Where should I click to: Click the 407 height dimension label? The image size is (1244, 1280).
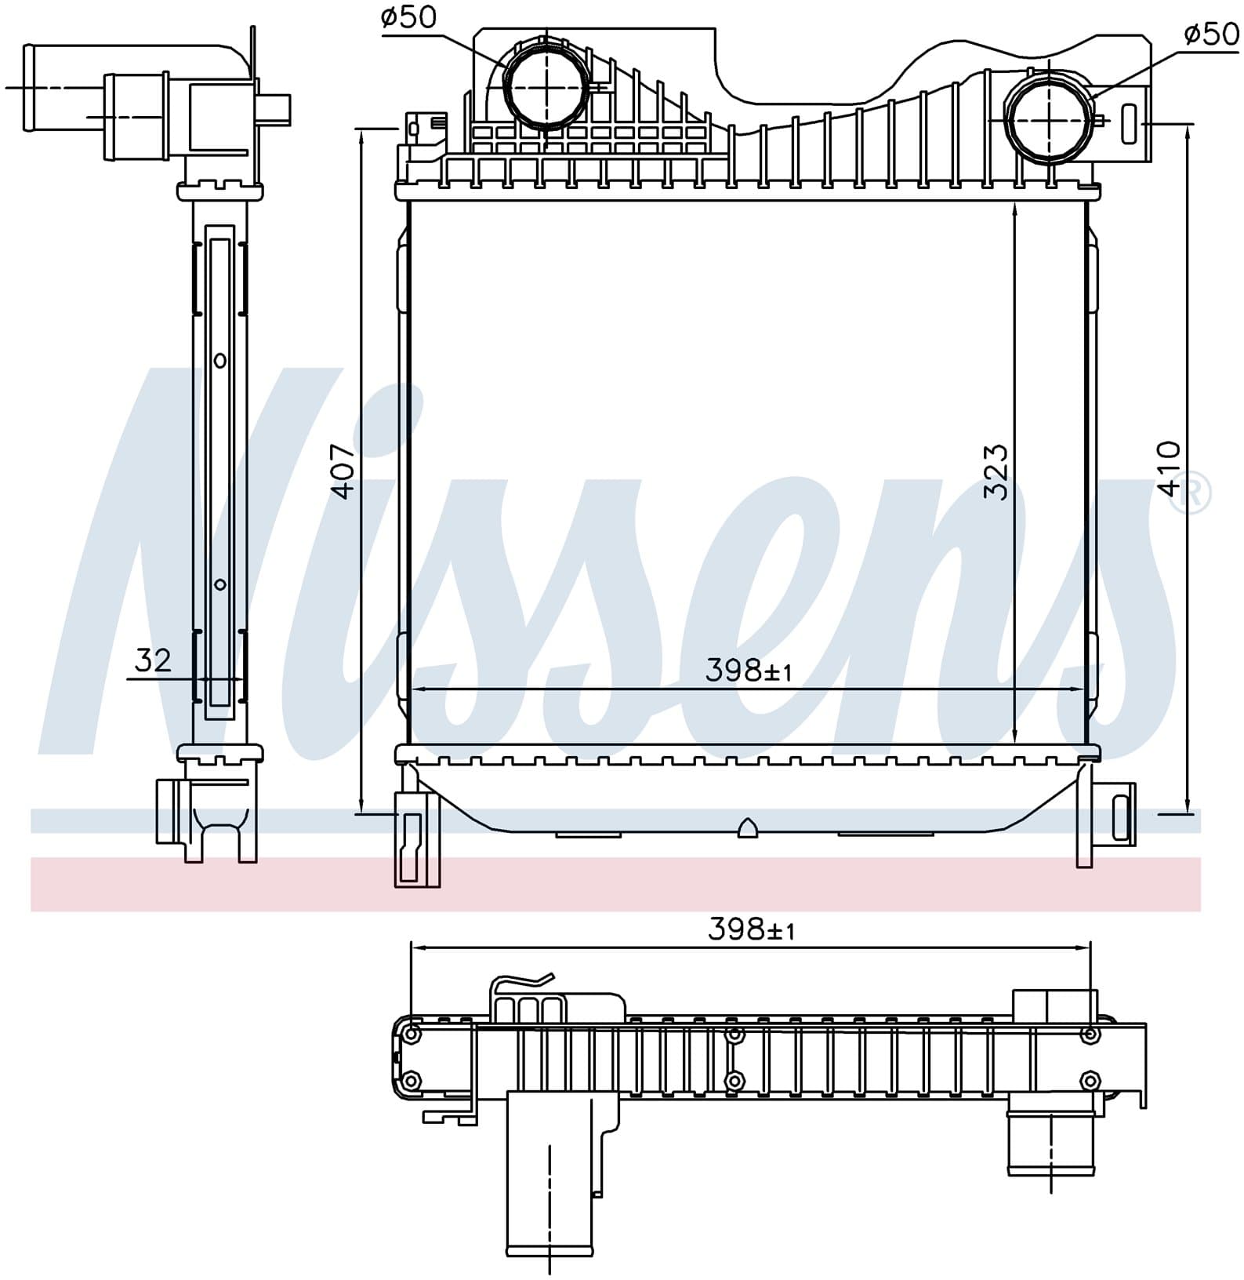[344, 471]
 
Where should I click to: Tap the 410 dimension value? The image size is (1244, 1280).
[1168, 468]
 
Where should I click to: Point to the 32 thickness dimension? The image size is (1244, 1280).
[152, 660]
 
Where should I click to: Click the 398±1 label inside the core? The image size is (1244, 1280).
[749, 671]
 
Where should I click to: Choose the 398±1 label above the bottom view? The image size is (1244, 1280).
[751, 929]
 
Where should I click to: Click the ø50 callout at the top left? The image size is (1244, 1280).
[408, 16]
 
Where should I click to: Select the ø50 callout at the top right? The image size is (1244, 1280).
[1211, 34]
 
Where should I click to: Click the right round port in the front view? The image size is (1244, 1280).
[1048, 118]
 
